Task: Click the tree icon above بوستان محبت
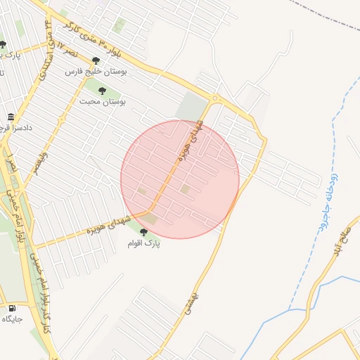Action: tap(103, 91)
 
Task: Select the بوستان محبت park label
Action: tap(108, 102)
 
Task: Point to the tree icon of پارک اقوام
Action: tap(143, 232)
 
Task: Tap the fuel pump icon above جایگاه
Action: tap(12, 308)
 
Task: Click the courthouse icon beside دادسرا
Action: tap(10, 117)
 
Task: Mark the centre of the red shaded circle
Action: tap(180, 179)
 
